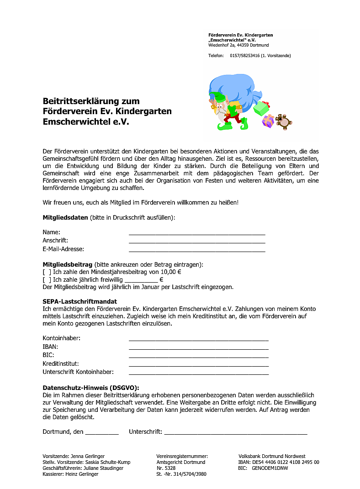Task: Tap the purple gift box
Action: pyautogui.click(x=268, y=121)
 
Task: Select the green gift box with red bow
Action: pyautogui.click(x=261, y=108)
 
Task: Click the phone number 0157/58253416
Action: pyautogui.click(x=244, y=56)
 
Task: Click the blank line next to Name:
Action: pyautogui.click(x=197, y=233)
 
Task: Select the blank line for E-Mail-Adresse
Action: pyautogui.click(x=197, y=250)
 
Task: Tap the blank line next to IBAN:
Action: pyautogui.click(x=198, y=347)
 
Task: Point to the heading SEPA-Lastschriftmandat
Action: pyautogui.click(x=79, y=301)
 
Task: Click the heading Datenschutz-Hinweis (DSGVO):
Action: pyautogui.click(x=90, y=387)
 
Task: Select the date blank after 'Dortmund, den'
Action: pyautogui.click(x=101, y=432)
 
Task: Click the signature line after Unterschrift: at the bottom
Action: pyautogui.click(x=235, y=432)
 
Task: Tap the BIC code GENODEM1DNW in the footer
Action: pyautogui.click(x=270, y=468)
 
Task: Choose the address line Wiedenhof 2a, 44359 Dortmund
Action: pyautogui.click(x=238, y=45)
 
